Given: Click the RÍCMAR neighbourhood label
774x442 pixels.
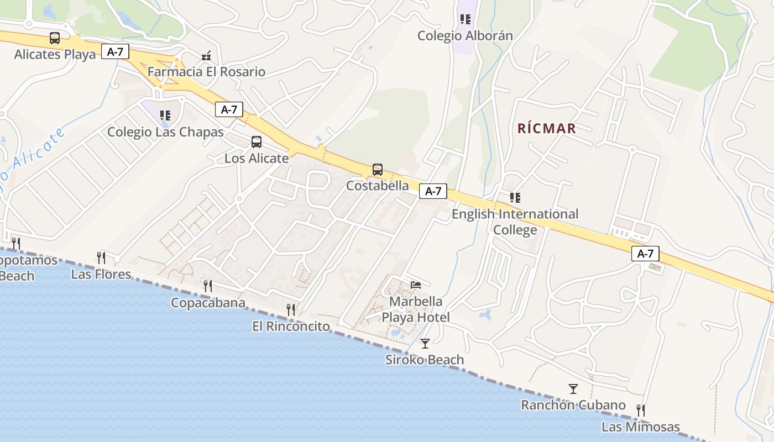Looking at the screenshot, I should pyautogui.click(x=547, y=129).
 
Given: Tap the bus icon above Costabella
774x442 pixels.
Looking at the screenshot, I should pyautogui.click(x=378, y=170).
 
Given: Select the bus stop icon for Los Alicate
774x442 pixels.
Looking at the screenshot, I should pyautogui.click(x=257, y=142).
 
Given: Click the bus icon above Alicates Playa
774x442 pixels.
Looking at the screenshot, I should pyautogui.click(x=55, y=38).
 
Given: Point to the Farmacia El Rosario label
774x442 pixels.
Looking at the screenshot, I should pyautogui.click(x=206, y=72).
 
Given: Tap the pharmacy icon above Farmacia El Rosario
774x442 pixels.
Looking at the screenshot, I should pyautogui.click(x=206, y=55).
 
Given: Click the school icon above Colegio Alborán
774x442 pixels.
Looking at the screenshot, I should pyautogui.click(x=466, y=19).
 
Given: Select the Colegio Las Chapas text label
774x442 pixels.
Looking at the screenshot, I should pyautogui.click(x=165, y=132).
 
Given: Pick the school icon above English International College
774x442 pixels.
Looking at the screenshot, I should pyautogui.click(x=515, y=197).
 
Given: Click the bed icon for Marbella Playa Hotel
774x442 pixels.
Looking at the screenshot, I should pyautogui.click(x=416, y=285).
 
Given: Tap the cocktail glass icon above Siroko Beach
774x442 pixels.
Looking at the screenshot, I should pyautogui.click(x=425, y=344).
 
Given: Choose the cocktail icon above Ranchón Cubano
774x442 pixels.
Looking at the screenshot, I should pyautogui.click(x=573, y=389).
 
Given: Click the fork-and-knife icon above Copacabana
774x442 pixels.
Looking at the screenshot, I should pyautogui.click(x=207, y=286).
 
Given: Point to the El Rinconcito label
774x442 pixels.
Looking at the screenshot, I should pyautogui.click(x=291, y=327).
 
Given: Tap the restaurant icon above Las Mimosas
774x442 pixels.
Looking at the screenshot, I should pyautogui.click(x=640, y=411).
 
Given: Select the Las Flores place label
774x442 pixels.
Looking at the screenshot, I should pyautogui.click(x=101, y=275).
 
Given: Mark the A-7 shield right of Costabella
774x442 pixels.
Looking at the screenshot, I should pyautogui.click(x=433, y=191).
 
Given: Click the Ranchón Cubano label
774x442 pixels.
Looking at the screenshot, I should pyautogui.click(x=573, y=405).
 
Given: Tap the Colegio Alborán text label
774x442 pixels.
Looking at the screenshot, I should pyautogui.click(x=465, y=36).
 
